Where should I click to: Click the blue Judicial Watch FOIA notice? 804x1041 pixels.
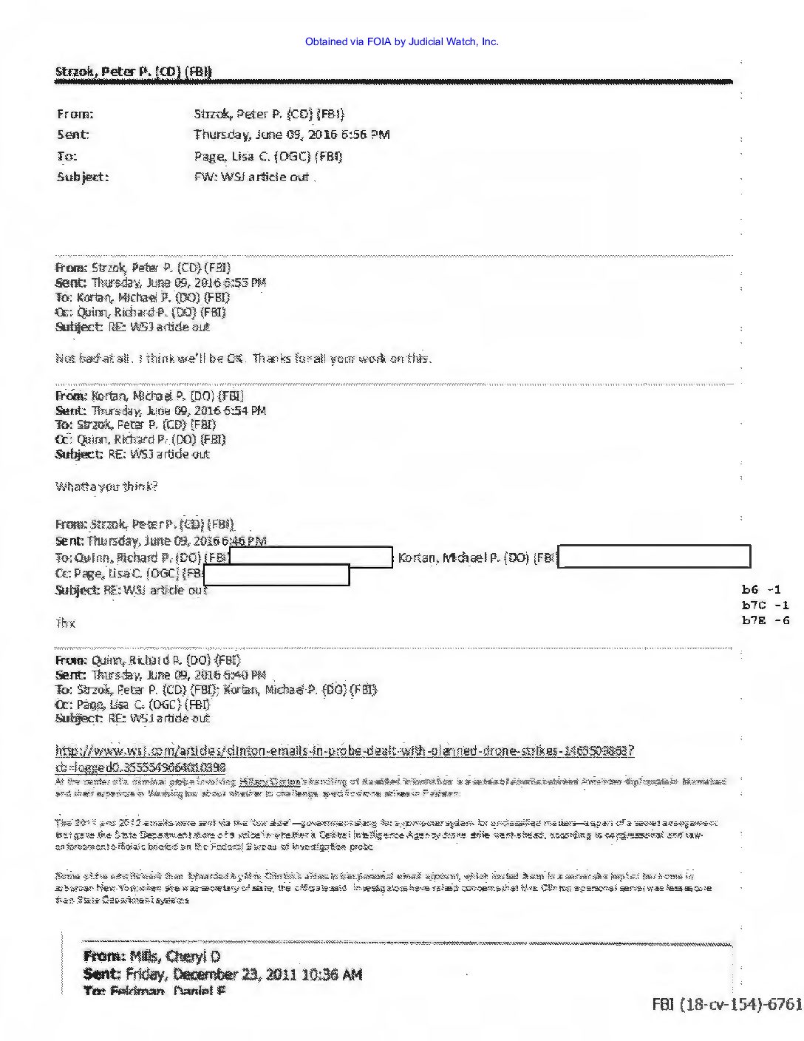point(401,41)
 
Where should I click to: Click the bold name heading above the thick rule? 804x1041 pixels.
point(134,72)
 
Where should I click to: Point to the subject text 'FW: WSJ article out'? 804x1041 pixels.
point(251,177)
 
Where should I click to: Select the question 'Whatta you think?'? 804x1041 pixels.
point(106,486)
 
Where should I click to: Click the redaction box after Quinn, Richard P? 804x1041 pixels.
point(311,557)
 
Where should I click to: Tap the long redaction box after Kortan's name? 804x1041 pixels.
point(654,557)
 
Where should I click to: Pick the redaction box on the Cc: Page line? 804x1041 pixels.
point(276,574)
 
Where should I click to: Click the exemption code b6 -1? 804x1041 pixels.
point(761,590)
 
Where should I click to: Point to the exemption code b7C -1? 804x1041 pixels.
point(765,605)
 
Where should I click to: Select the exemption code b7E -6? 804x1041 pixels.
point(765,620)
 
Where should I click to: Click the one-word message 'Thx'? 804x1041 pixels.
point(66,623)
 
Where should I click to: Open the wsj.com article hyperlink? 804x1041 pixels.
point(344,752)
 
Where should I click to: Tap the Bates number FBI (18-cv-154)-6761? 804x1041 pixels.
point(726,1004)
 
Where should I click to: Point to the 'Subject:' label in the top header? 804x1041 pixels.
point(83,177)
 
